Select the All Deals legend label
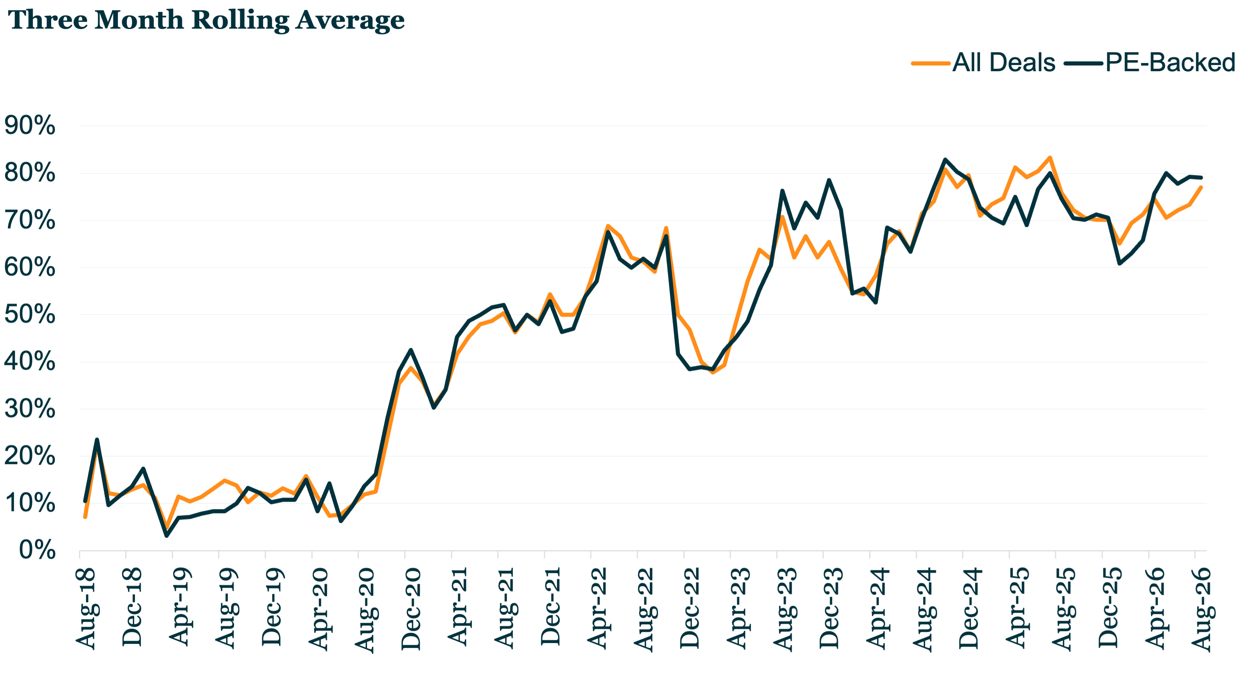click(1004, 63)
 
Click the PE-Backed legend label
click(1171, 63)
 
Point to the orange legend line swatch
click(931, 63)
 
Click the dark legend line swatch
click(1084, 63)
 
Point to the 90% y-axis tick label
click(29, 126)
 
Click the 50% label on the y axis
click(29, 315)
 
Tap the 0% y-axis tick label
click(37, 550)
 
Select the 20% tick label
click(29, 456)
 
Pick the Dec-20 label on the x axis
click(411, 609)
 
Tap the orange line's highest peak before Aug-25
click(1050, 157)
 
